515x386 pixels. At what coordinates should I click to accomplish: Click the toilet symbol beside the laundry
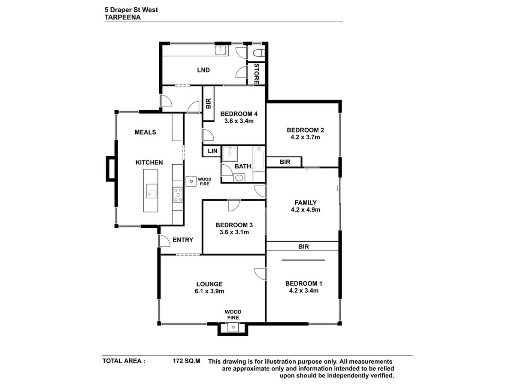pos(260,53)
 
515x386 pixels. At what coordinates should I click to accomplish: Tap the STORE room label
pos(257,74)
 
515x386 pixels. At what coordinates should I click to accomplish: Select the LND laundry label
pos(203,70)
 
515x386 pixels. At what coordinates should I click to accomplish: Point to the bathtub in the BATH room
pos(259,159)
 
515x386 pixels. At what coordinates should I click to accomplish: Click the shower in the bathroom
pos(230,154)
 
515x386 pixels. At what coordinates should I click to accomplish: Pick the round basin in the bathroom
pos(239,178)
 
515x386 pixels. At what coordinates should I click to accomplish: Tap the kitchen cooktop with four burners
pos(178,195)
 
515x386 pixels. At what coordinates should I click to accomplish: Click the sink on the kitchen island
pos(151,191)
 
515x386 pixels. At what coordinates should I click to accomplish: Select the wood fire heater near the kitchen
pos(191,181)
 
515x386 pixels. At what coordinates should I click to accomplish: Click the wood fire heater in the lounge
pos(233,327)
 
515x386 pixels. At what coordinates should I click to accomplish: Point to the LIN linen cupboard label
pos(212,151)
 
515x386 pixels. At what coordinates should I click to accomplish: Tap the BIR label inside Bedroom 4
pos(208,103)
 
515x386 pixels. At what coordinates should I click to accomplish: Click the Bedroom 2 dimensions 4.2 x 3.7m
pos(305,137)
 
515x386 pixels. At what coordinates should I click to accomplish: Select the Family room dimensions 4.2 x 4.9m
pos(306,210)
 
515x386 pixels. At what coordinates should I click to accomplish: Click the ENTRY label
pos(183,239)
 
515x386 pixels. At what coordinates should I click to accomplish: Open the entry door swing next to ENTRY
pos(164,241)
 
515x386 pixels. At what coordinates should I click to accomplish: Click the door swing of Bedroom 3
pos(234,205)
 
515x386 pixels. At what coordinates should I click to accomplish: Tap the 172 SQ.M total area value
pos(187,361)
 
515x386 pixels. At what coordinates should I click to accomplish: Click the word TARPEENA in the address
pos(122,17)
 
